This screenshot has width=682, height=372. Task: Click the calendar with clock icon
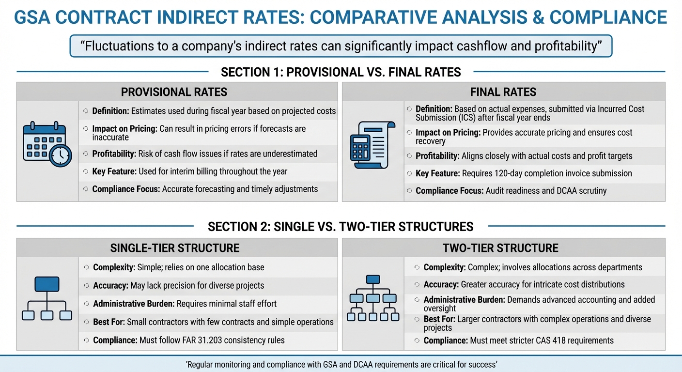point(47,144)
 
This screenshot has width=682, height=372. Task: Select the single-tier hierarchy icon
point(47,298)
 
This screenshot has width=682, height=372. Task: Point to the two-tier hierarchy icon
point(373,298)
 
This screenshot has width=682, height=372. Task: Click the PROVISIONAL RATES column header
point(174,92)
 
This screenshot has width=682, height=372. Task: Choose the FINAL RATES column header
point(503,92)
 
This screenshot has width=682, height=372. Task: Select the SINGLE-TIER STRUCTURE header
point(175,248)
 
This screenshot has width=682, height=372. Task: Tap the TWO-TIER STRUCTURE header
point(500,248)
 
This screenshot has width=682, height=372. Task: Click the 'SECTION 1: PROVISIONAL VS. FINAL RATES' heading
point(341,72)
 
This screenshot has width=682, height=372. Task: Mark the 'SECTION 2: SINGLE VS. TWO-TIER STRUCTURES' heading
point(341,227)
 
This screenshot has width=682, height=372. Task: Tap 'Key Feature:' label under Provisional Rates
point(114,171)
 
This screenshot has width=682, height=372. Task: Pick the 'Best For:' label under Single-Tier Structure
point(109,322)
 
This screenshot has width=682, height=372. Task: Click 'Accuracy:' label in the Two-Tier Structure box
point(441,285)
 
